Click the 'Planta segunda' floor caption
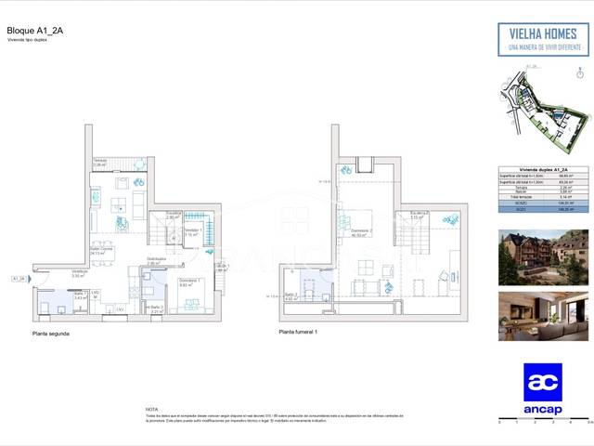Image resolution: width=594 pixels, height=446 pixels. pos(51,332)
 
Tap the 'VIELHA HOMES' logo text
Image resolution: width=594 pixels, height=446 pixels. pos(542,32)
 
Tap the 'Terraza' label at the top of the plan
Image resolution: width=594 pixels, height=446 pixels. pos(98,161)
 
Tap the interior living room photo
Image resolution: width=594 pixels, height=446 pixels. pos(543,316)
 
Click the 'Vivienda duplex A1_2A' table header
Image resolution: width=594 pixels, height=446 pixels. pos(542,170)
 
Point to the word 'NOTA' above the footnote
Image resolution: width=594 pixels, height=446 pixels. pos(151,408)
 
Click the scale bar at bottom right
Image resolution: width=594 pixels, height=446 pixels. pos(542,419)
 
